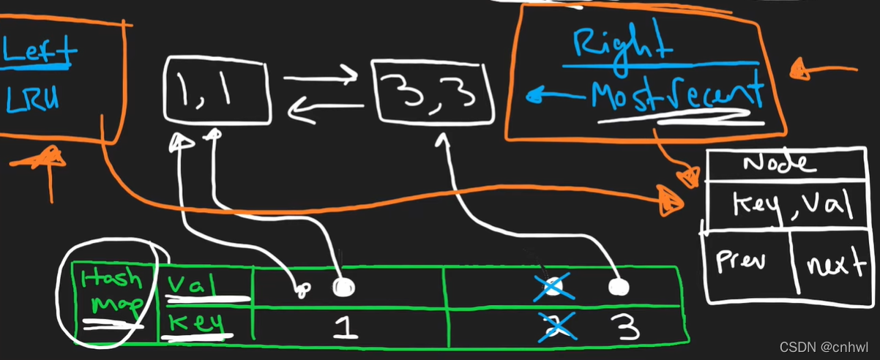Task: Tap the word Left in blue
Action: coord(40,51)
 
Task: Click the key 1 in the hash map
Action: coord(345,326)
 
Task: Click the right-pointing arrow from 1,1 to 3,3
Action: coord(320,73)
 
